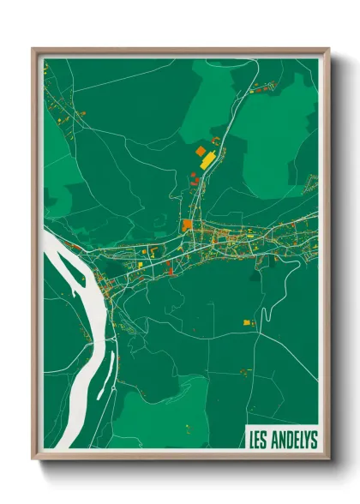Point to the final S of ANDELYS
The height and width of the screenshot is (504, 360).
314,440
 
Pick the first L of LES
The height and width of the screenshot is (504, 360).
251,440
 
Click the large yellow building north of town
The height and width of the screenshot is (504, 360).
208,159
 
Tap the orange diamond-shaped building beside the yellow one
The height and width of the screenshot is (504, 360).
201,151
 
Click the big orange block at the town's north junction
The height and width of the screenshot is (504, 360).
187,225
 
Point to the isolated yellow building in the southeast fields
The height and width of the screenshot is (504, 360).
247,322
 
